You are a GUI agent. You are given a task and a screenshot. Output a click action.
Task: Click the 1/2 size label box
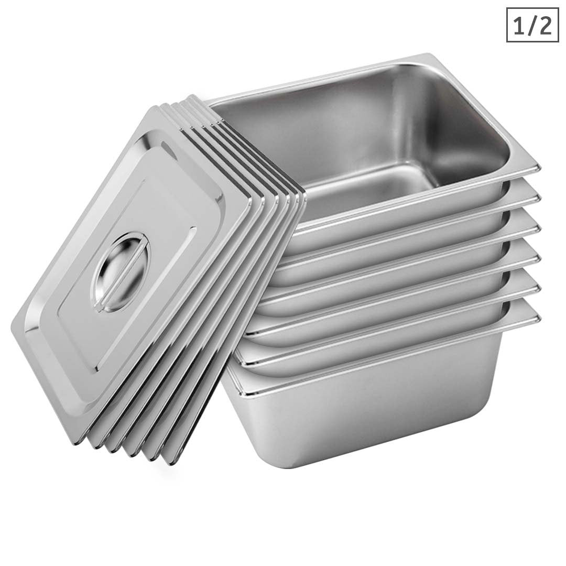(532, 25)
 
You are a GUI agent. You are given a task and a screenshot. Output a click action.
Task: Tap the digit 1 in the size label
(518, 25)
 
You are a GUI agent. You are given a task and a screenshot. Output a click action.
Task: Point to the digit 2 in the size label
(545, 25)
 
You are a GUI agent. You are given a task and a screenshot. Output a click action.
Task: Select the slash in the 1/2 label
(531, 25)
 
